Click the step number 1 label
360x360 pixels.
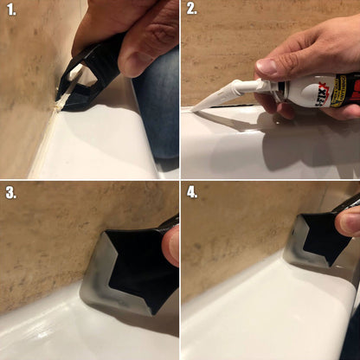[x=11, y=10]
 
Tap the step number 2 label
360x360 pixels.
[x=192, y=10]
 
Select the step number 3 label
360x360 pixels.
[x=11, y=192]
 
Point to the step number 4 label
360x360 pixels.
[x=192, y=192]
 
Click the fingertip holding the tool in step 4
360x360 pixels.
[x=350, y=222]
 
